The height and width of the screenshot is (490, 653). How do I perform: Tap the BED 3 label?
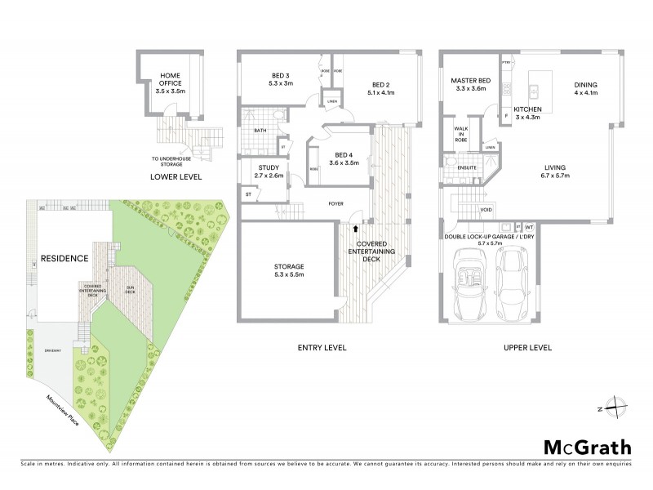[282, 79]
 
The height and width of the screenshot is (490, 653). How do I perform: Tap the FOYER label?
[335, 203]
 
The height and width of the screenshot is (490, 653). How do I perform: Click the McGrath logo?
[587, 447]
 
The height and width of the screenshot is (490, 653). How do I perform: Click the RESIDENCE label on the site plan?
[65, 258]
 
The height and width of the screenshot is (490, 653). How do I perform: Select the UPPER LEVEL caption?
[527, 347]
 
